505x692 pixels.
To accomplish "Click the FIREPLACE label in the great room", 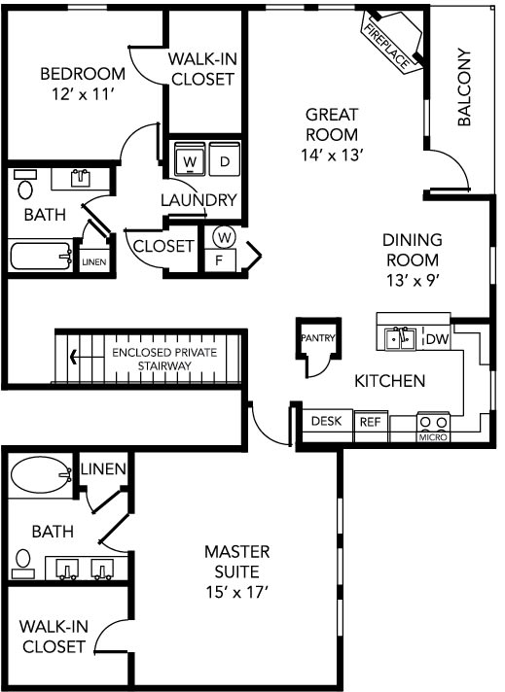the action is (385, 47).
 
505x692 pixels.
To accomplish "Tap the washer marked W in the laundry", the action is (190, 158).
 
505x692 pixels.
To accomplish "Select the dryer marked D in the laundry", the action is (225, 158).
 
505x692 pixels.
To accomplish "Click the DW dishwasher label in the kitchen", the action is (438, 339).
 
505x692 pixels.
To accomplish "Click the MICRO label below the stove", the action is (433, 437).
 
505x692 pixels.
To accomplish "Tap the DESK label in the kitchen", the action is (327, 421).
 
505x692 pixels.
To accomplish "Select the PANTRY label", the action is (318, 338).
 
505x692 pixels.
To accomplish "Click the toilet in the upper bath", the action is (24, 185).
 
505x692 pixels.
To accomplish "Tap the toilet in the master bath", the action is (23, 565).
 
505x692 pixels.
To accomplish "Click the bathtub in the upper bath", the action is (41, 256).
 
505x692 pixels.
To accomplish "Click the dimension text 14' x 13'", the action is (332, 155).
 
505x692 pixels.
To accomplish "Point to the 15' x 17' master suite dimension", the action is (237, 592).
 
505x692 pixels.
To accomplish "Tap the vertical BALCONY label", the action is (464, 86).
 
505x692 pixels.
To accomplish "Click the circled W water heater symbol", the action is (225, 238).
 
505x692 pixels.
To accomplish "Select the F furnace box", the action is (220, 260).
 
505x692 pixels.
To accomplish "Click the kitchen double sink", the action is (400, 338).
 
